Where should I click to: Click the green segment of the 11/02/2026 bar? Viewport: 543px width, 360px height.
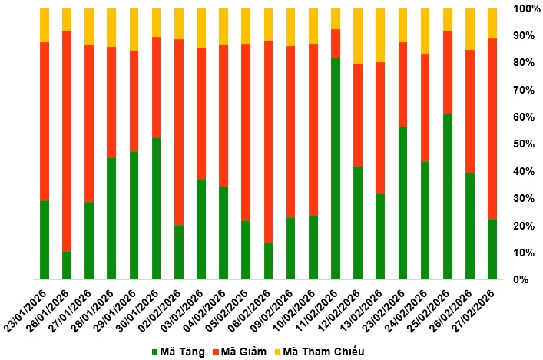click(x=335, y=168)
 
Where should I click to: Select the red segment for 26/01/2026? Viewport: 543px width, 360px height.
click(x=67, y=141)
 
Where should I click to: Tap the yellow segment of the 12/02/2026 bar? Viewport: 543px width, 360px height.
click(x=358, y=36)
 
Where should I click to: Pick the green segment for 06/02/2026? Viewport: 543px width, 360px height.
click(x=268, y=261)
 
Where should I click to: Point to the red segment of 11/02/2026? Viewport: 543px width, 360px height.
click(x=335, y=43)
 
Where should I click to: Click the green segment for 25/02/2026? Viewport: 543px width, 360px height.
click(x=448, y=197)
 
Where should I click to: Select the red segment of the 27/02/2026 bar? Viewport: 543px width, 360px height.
click(x=492, y=129)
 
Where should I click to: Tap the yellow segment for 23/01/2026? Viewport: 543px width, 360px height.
click(x=45, y=25)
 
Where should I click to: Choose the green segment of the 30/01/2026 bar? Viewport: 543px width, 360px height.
click(x=156, y=208)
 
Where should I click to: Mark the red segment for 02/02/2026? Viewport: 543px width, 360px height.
click(x=179, y=132)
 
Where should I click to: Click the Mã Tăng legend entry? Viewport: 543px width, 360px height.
click(x=178, y=352)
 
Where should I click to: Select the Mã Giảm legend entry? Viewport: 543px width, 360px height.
click(x=240, y=352)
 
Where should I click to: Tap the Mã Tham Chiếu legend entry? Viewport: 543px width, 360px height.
click(x=319, y=352)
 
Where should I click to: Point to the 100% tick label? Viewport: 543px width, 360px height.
click(x=525, y=8)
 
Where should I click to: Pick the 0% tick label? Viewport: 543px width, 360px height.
click(x=521, y=279)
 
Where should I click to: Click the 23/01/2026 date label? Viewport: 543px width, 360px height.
click(x=25, y=311)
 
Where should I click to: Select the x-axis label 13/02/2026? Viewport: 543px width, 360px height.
click(x=361, y=311)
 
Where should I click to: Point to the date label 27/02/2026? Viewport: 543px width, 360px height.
click(x=473, y=311)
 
